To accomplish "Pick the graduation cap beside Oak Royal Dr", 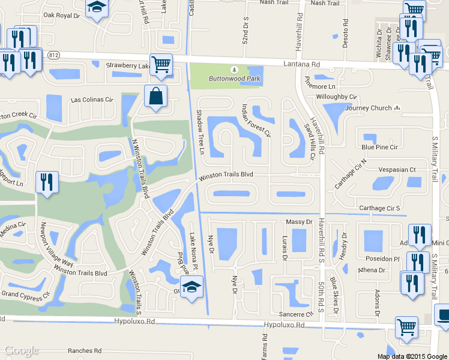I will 95,8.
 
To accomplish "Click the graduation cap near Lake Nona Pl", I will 192,287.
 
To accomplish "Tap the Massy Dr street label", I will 301,222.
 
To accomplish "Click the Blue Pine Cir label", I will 379,147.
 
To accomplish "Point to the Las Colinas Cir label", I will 92,100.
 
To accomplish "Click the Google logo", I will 22,350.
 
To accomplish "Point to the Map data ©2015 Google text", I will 412,356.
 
